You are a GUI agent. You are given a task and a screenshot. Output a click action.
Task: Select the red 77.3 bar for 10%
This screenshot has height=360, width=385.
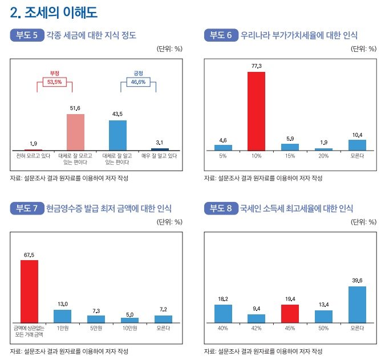(256, 111)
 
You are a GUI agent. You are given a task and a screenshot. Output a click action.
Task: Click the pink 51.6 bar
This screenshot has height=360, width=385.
(75, 132)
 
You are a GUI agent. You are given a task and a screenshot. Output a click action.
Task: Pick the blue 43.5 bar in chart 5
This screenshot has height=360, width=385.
(117, 135)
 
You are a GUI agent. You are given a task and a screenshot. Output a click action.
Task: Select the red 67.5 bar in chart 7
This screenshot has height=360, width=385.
(29, 291)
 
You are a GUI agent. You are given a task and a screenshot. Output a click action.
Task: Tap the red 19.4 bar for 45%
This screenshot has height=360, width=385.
(290, 313)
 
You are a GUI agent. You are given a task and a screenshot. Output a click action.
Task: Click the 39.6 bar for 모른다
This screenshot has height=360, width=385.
(356, 304)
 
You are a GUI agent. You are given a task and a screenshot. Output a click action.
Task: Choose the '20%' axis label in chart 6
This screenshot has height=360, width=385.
(323, 155)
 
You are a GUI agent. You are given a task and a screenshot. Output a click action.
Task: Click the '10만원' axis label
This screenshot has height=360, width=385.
(129, 327)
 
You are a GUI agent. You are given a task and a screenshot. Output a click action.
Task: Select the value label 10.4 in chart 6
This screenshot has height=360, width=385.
(356, 135)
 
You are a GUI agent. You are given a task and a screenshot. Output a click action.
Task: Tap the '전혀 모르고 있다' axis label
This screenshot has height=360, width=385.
(33, 155)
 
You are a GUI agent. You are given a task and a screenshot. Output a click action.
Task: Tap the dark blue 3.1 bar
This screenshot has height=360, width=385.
(160, 149)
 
